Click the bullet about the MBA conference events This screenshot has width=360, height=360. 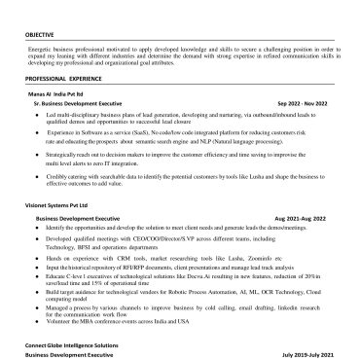146,332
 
